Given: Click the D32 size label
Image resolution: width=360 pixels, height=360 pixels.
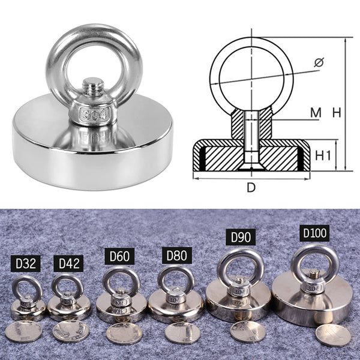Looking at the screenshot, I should pyautogui.click(x=26, y=263).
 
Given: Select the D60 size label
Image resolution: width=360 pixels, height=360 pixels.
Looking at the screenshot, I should pyautogui.click(x=118, y=257).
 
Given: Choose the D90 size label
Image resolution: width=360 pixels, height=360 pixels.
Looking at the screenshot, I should pyautogui.click(x=240, y=236).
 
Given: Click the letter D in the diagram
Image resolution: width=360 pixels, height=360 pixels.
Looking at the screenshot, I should pyautogui.click(x=251, y=187).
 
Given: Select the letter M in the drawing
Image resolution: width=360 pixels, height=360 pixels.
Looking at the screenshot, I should pyautogui.click(x=316, y=112).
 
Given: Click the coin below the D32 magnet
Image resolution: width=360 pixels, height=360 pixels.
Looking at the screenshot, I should pyautogui.click(x=23, y=331).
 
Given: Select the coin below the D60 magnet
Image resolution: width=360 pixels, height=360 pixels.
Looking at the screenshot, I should pyautogui.click(x=124, y=333).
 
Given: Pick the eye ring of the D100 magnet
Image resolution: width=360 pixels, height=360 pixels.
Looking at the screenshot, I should pyautogui.click(x=311, y=259).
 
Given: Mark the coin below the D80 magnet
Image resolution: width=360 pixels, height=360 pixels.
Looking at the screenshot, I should pyautogui.click(x=182, y=332).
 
